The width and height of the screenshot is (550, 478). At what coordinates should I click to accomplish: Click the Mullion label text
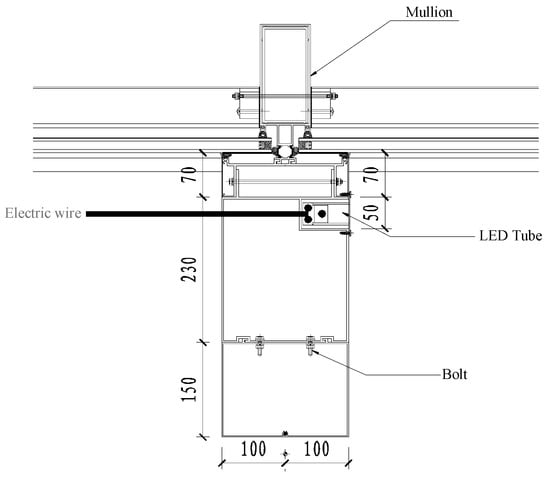429,12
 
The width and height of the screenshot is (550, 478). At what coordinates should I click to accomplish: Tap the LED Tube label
510,236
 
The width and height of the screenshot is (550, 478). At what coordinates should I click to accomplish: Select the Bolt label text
454,374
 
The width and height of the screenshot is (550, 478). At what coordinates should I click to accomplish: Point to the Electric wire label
43,213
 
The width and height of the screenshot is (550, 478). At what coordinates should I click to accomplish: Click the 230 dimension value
189,270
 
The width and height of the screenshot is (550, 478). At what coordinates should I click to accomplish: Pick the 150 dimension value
189,389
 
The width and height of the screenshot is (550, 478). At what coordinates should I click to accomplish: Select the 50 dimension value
371,213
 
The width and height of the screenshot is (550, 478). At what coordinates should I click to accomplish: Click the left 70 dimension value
189,175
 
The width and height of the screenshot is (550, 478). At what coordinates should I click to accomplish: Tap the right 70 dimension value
371,174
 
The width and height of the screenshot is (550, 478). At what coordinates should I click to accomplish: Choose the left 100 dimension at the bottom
253,449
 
